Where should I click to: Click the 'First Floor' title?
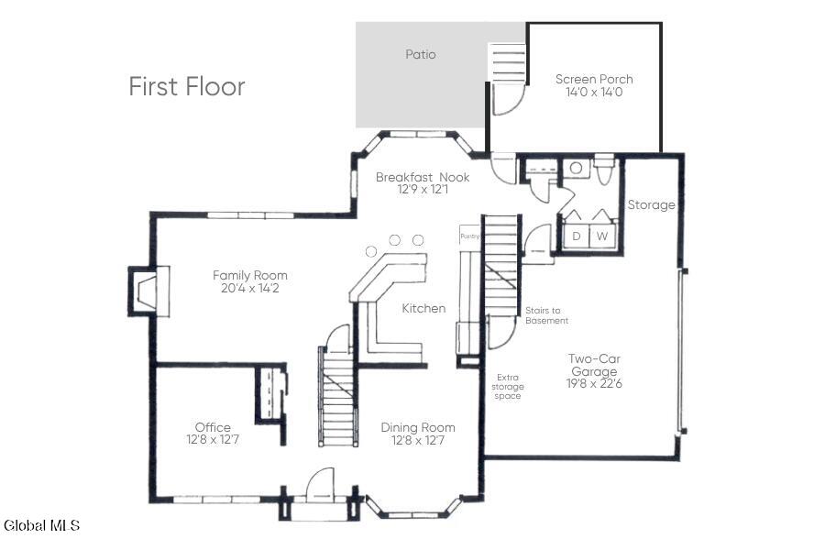187,87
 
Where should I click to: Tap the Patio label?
421,54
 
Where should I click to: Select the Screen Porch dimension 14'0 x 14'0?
594,92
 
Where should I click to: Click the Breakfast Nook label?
423,177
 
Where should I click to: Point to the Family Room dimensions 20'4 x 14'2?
250,288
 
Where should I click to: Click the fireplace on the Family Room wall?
148,291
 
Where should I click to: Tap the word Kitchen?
423,308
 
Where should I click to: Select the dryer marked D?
577,236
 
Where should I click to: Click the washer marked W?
602,236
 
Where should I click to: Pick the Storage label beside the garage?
652,204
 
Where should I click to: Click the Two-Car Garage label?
594,365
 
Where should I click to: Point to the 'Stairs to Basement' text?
546,315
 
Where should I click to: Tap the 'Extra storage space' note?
508,386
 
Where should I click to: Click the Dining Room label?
418,427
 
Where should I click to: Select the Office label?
213,427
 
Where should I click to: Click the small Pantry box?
470,235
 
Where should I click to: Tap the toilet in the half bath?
603,169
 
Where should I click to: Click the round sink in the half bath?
577,168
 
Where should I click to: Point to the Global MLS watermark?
41,524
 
